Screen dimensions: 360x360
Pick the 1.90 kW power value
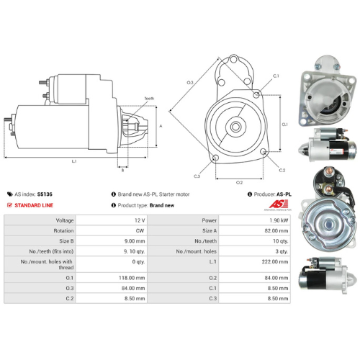(278, 220)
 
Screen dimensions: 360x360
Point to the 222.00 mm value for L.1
(276, 263)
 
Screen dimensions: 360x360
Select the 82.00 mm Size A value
(276, 232)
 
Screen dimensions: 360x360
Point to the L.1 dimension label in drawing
(74, 161)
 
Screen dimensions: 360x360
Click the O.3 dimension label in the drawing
(190, 83)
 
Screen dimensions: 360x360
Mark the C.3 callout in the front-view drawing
(197, 176)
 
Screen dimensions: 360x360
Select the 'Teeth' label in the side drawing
(149, 98)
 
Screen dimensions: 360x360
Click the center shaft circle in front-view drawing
(235, 125)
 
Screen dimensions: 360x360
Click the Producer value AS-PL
(284, 194)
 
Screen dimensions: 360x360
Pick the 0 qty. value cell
(138, 263)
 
